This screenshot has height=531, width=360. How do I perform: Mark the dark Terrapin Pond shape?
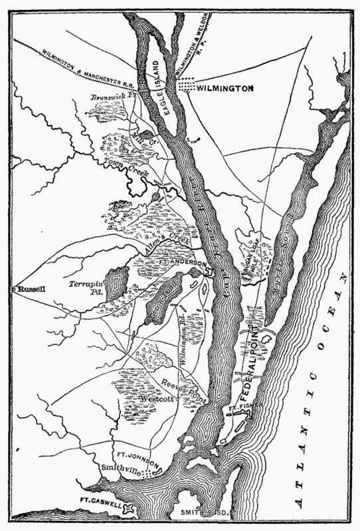pyautogui.click(x=117, y=284)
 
